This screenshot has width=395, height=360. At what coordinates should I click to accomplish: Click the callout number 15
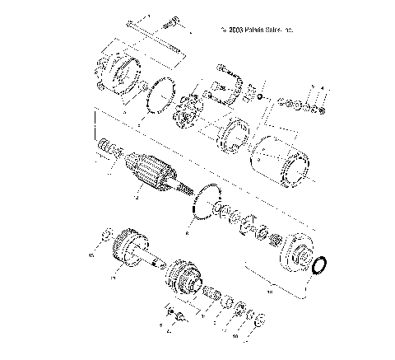91,255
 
